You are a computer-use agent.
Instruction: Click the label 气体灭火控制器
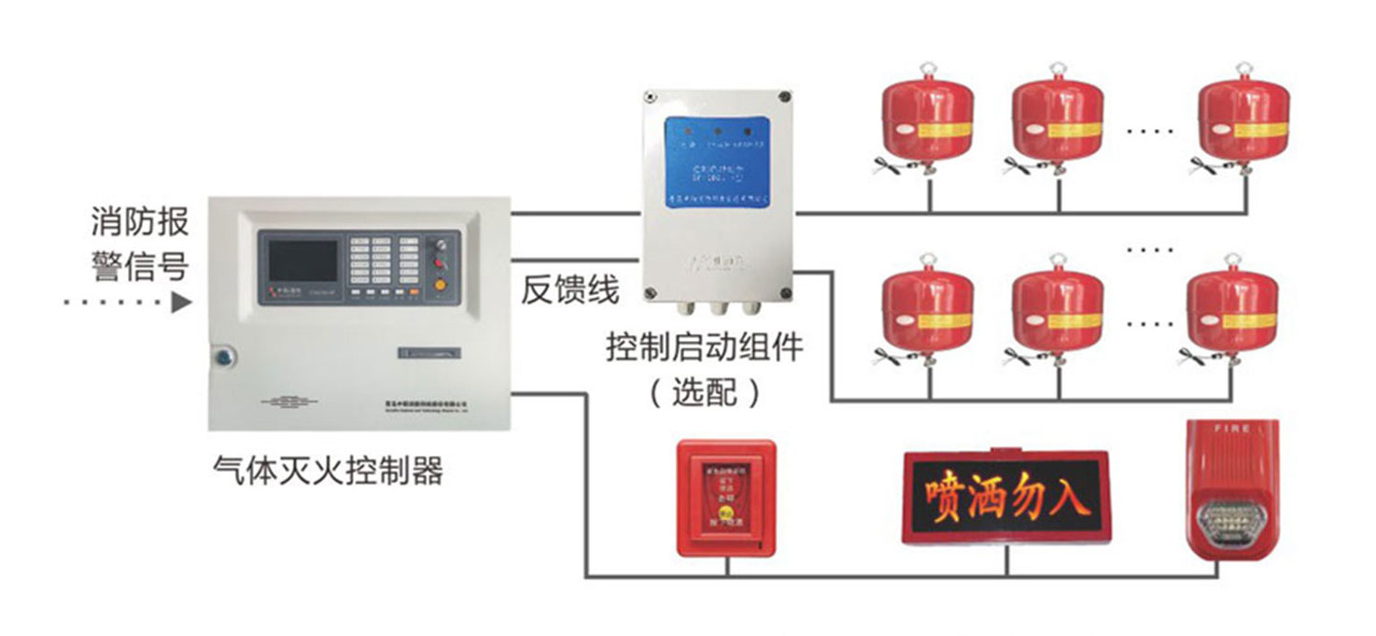(x=328, y=472)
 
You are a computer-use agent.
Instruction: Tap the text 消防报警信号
(x=140, y=244)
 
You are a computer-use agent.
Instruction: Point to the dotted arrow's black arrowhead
(x=183, y=303)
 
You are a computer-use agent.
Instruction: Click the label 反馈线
(x=569, y=290)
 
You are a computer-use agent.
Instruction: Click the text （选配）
(x=705, y=392)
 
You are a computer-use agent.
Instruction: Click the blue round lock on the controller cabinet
(x=225, y=356)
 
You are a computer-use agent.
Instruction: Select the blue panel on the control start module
(x=717, y=161)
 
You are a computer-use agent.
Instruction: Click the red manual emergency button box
(x=725, y=498)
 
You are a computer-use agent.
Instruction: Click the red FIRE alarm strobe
(x=1232, y=490)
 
